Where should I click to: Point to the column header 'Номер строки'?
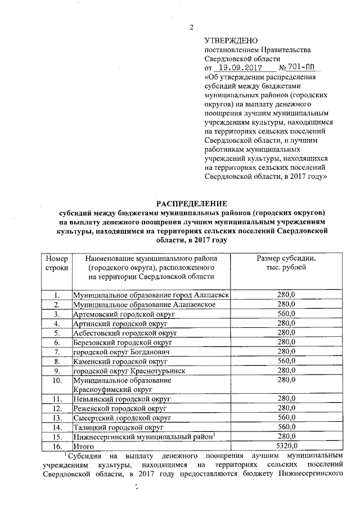pyautogui.click(x=56, y=263)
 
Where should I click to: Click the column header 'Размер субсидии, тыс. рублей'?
pyautogui.click(x=286, y=263)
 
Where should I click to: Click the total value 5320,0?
pyautogui.click(x=286, y=446)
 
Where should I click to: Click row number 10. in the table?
pyautogui.click(x=56, y=380)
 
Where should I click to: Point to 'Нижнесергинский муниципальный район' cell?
pyautogui.click(x=143, y=436)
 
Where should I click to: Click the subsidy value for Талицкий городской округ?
pyautogui.click(x=286, y=427)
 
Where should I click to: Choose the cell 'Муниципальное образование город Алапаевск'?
pyautogui.click(x=151, y=294)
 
